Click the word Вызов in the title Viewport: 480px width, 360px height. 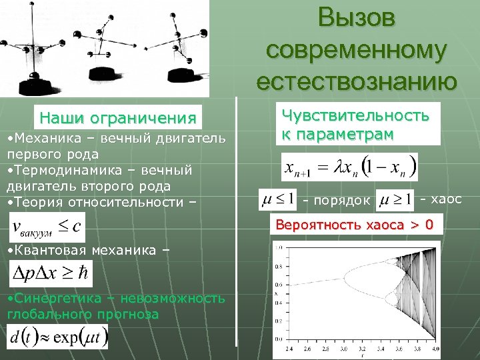357,18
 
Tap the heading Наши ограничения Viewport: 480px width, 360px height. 118,119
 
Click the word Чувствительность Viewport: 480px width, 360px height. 355,115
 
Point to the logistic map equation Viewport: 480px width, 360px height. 349,167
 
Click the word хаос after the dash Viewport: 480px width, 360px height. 445,199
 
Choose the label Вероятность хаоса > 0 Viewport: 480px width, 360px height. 354,225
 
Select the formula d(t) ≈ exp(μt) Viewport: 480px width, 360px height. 57,336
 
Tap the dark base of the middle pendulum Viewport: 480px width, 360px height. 107,71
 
